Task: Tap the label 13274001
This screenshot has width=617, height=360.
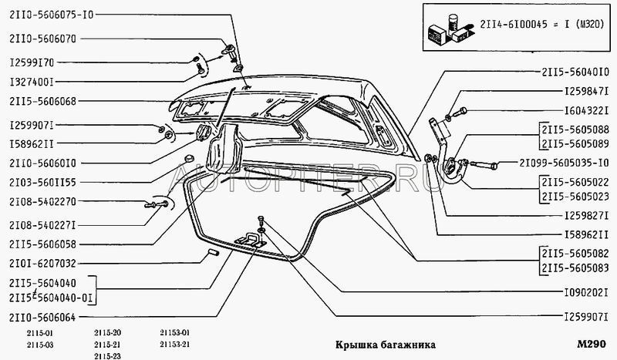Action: (31, 79)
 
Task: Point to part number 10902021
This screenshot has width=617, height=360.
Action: (581, 294)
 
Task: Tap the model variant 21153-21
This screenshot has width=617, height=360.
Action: (175, 345)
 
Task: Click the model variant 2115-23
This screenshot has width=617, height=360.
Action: (107, 355)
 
